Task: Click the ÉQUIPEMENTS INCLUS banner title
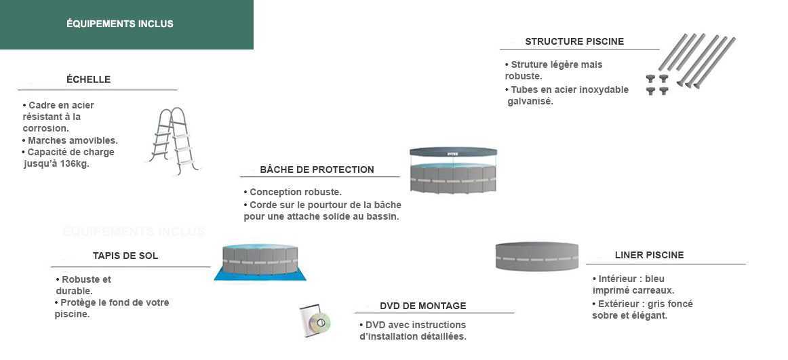[x=119, y=24]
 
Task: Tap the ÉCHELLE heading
[x=88, y=79]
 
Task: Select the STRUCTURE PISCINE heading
[x=574, y=41]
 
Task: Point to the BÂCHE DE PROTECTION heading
[x=317, y=169]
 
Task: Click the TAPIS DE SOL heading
[x=125, y=256]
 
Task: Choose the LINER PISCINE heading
[x=649, y=255]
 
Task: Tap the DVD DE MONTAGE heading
[x=423, y=306]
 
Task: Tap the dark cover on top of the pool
[x=453, y=152]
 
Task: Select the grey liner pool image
[x=536, y=256]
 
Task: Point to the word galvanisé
[x=530, y=102]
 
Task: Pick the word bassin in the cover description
[x=383, y=217]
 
